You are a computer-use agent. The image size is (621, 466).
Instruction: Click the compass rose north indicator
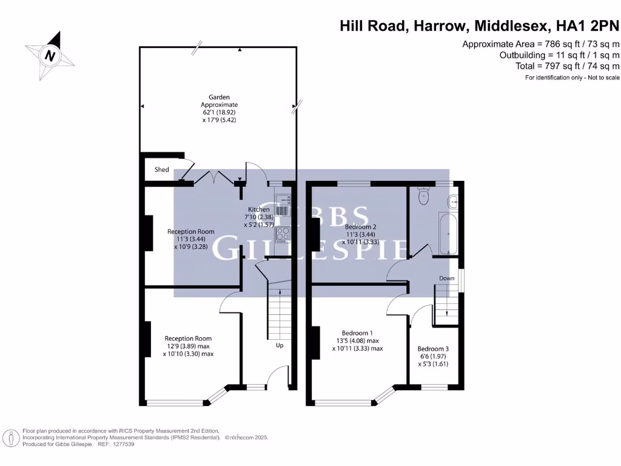[x=50, y=56]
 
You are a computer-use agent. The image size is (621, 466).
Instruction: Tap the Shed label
[x=162, y=170]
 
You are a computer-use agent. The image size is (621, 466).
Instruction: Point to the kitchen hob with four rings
[x=283, y=234]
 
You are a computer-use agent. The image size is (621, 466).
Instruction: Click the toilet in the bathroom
[x=424, y=196]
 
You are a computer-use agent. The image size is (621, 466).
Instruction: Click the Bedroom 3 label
[x=433, y=349]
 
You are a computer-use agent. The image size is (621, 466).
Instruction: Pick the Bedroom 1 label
[x=357, y=333]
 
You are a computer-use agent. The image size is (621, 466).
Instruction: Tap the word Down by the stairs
[x=447, y=279]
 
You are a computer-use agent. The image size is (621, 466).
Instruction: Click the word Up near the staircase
[x=280, y=345]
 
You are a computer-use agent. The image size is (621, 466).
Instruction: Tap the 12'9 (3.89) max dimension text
[x=188, y=346]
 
